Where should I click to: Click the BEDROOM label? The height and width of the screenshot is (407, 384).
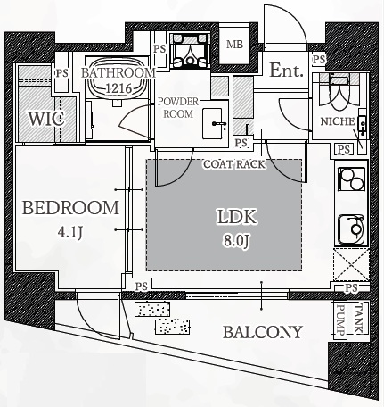click(70, 208)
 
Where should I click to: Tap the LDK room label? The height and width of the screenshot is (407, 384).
click(237, 217)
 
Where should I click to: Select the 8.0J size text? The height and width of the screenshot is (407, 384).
click(237, 240)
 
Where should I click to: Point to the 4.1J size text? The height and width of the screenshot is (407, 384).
click(70, 232)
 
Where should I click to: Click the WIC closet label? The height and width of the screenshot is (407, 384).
click(46, 119)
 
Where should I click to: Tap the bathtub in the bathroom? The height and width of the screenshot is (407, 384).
click(118, 79)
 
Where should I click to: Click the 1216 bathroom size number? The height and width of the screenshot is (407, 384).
click(118, 88)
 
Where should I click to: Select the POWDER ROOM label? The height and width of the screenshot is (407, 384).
click(178, 107)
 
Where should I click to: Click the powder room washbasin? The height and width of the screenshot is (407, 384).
click(213, 123)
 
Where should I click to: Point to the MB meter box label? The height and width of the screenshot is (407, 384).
click(234, 45)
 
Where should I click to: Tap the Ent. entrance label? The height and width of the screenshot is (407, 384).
click(286, 71)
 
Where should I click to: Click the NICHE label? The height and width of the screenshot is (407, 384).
click(338, 121)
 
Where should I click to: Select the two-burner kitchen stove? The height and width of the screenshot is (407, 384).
click(352, 179)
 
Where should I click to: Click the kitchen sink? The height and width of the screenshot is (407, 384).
click(352, 229)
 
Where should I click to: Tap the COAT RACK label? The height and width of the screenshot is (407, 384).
click(234, 164)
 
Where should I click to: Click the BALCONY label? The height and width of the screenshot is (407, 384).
click(263, 332)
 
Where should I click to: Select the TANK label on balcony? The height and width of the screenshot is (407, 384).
click(359, 319)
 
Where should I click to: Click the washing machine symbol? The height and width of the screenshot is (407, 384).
click(190, 51)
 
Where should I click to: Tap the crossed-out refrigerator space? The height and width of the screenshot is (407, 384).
click(351, 264)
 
